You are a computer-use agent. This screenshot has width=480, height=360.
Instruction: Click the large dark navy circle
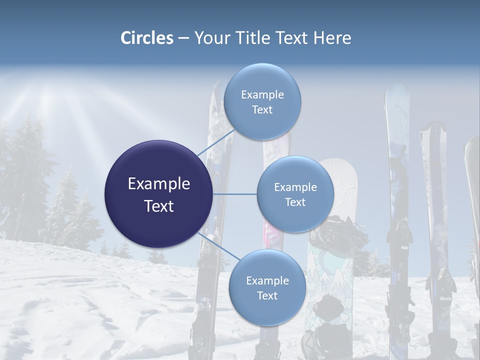tap(158, 194)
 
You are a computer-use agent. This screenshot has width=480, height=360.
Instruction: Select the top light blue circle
tap(262, 102)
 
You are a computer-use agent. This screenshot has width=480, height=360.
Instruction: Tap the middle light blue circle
tap(295, 194)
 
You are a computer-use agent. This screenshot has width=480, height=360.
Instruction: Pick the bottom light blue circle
tap(267, 288)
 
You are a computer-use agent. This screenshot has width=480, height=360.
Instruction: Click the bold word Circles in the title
tap(146, 38)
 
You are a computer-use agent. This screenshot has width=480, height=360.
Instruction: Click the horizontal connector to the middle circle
tap(234, 194)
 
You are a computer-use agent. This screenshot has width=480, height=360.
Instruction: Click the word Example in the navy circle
tap(158, 183)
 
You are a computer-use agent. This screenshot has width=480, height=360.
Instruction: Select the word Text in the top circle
tap(262, 110)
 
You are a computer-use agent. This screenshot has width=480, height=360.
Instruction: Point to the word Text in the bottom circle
tap(267, 296)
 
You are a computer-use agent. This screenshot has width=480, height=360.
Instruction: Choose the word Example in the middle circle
tap(295, 187)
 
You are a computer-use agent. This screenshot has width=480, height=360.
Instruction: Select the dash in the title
tap(183, 38)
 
